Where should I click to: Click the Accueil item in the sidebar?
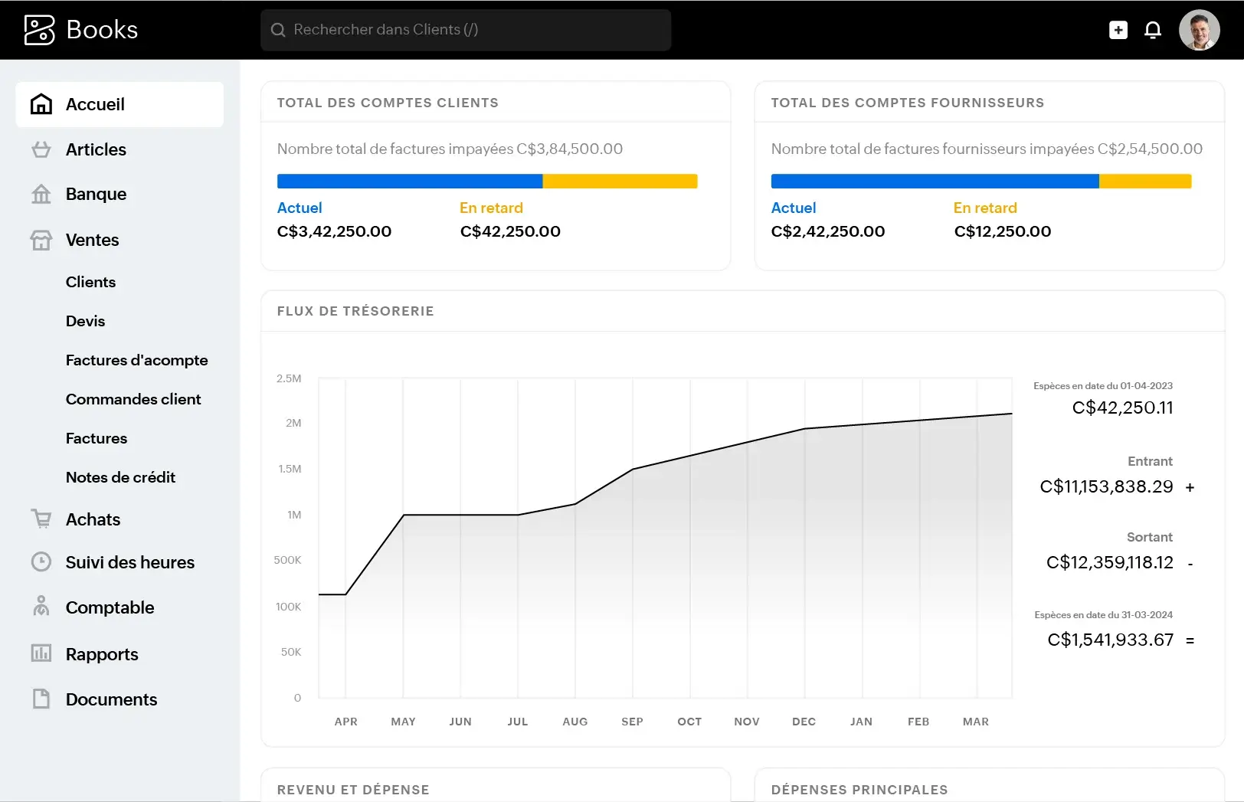95,104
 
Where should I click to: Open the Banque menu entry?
96,194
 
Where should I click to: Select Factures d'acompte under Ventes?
136,360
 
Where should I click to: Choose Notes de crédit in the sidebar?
120,477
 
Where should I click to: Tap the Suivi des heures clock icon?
41,562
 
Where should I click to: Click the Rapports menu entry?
102,654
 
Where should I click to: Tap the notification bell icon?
1152,30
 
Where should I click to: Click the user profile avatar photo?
1199,30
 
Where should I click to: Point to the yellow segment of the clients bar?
620,182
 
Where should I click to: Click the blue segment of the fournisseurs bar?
935,182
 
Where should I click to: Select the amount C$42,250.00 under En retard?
510,231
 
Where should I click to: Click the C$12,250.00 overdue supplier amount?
1002,231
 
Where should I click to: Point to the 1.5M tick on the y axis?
290,469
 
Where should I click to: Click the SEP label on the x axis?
632,722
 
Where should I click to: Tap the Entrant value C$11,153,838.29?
1106,486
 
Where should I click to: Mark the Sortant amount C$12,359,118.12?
1109,562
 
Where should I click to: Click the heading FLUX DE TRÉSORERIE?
355,311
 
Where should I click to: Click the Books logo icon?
40,30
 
